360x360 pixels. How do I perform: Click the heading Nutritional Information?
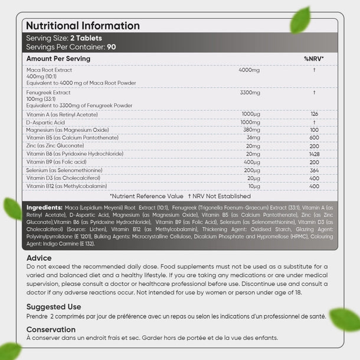pos(83,26)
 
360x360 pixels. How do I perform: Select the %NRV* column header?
pos(314,59)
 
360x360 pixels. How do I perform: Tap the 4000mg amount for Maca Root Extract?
pos(249,70)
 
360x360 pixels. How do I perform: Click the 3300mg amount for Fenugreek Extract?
pos(249,93)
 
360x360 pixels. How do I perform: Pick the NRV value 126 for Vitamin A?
pos(314,114)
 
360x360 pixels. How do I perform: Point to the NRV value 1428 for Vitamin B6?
pos(314,153)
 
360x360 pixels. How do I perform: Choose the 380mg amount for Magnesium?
pos(251,130)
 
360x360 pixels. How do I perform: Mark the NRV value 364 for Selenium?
pos(314,170)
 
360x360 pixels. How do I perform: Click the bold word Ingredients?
pos(44,208)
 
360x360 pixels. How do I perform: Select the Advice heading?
pos(39,258)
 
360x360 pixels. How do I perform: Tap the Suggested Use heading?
pos(54,307)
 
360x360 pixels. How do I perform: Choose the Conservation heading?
pos(51,329)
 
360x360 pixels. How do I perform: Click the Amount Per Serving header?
pos(58,59)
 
